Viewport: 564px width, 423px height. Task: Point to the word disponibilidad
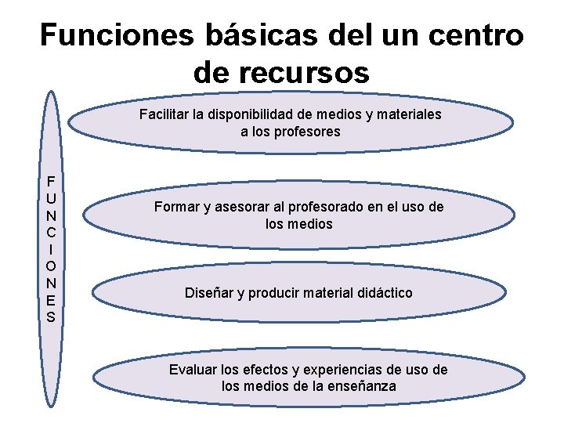(273, 114)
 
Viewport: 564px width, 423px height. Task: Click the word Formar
(178, 207)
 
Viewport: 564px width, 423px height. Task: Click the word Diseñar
(209, 293)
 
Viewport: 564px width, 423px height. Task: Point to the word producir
(275, 293)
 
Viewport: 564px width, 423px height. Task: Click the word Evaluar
(193, 369)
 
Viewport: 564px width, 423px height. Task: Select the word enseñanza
(362, 386)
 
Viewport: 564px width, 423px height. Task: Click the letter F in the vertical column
(50, 179)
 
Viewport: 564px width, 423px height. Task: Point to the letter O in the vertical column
(50, 266)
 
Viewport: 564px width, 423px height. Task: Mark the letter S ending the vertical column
(50, 317)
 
